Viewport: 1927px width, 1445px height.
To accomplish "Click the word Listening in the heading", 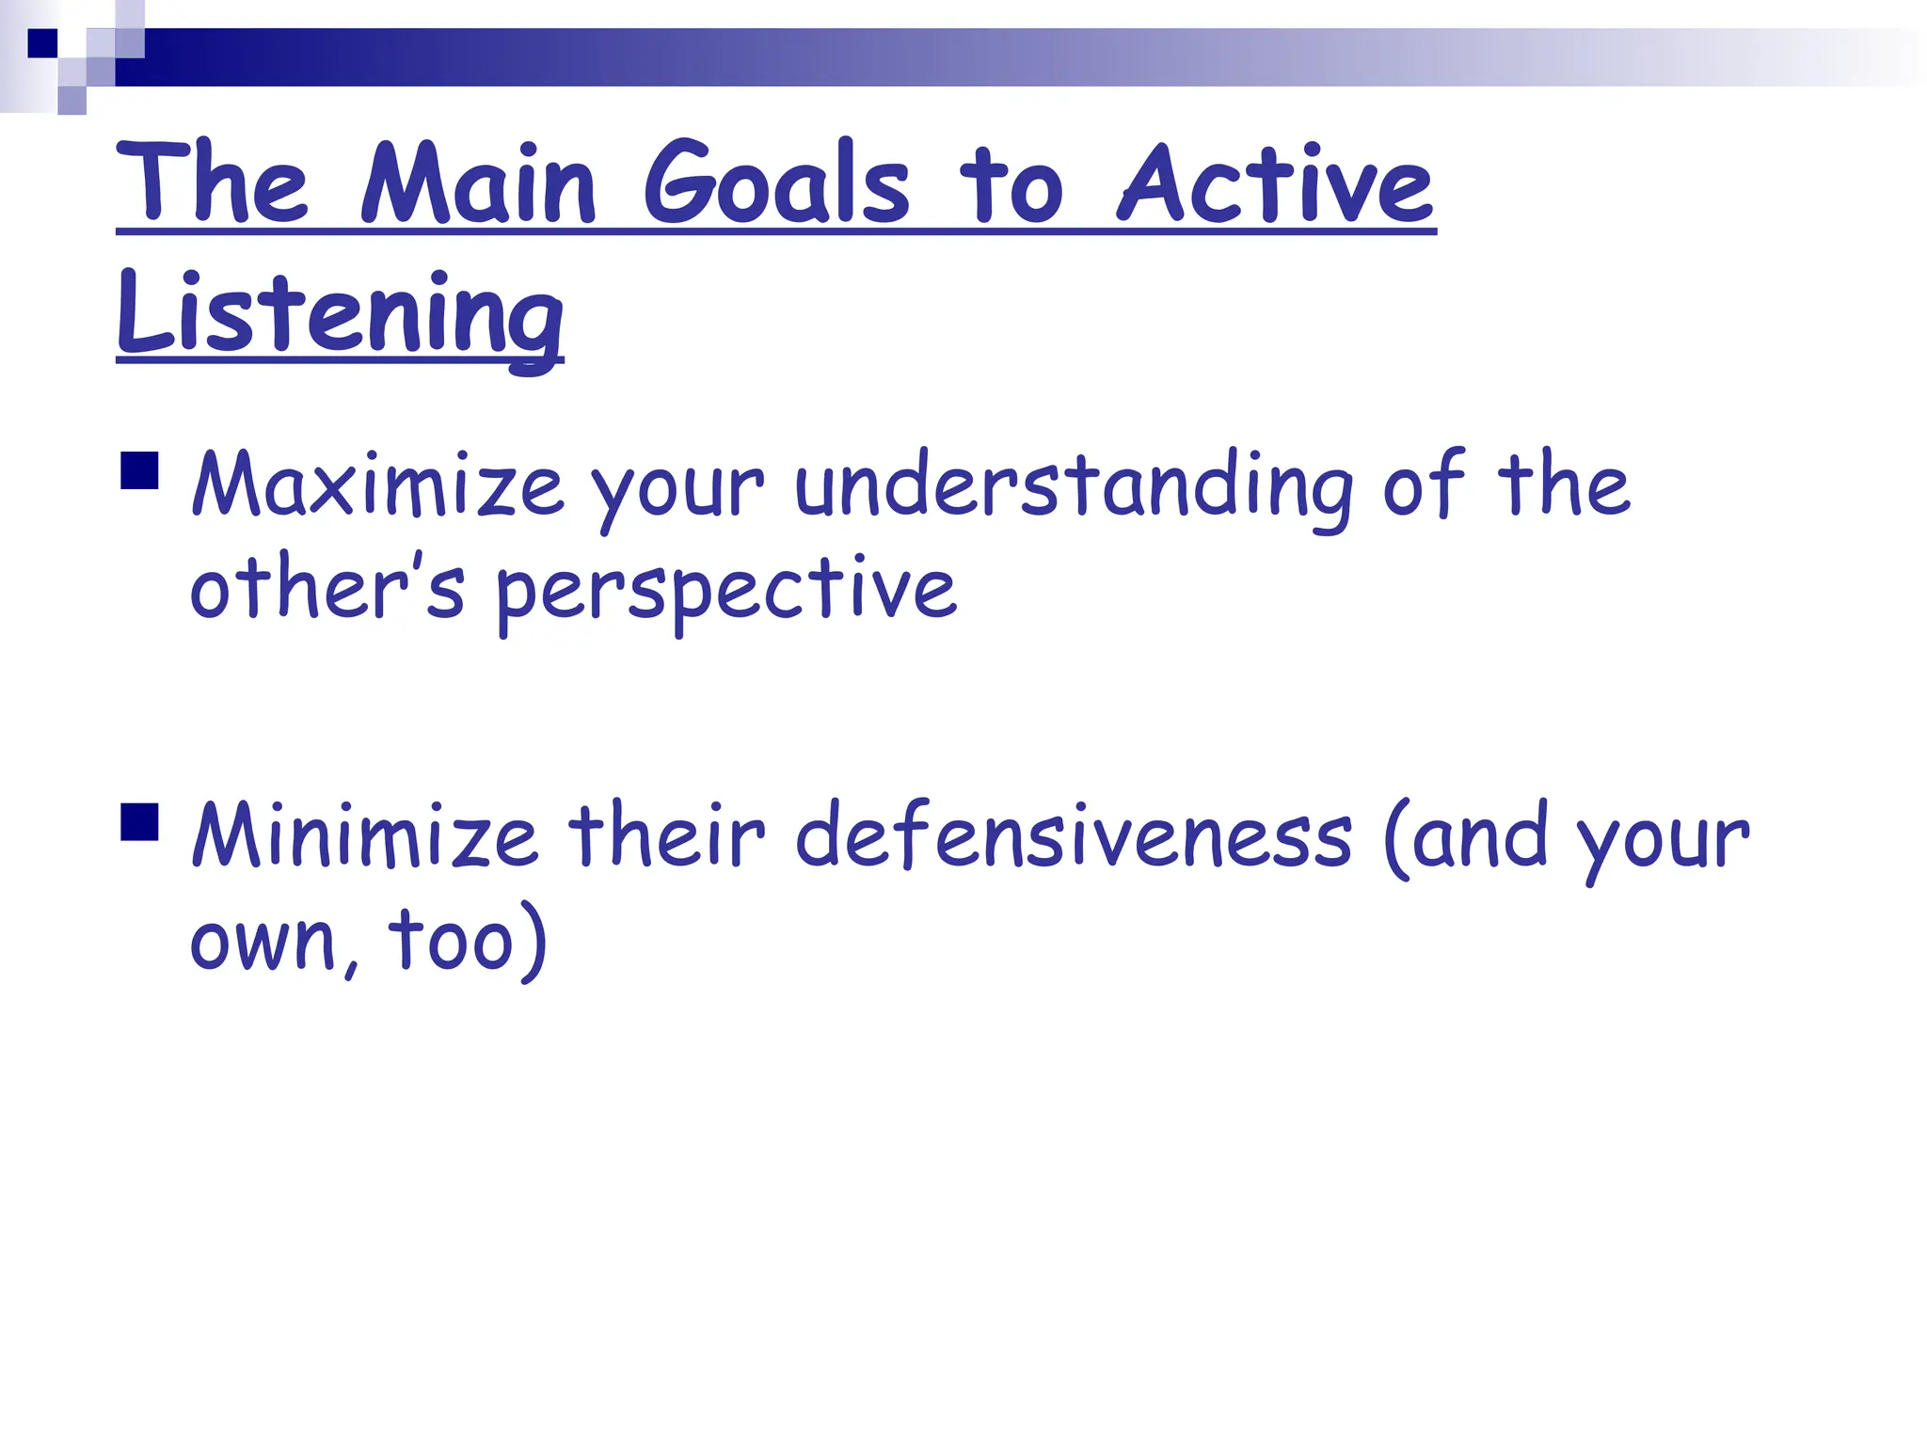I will (340, 313).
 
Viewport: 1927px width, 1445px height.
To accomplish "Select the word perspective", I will (725, 591).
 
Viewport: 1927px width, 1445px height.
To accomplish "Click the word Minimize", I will (364, 835).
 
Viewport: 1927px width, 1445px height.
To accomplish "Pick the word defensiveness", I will (1074, 835).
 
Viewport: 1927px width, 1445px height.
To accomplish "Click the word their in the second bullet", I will (666, 835).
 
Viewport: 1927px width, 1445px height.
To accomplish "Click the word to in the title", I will (1011, 186).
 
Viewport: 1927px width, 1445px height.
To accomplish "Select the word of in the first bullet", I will (1423, 484).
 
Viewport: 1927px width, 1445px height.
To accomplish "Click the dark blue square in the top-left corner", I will (42, 43).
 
